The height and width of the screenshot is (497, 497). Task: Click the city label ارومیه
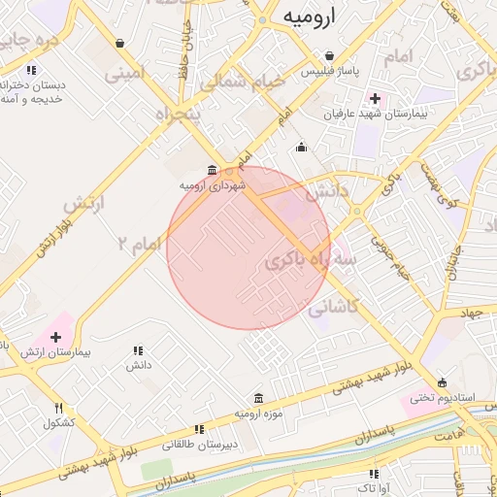[x=309, y=17]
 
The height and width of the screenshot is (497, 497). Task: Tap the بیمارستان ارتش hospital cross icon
[x=55, y=336]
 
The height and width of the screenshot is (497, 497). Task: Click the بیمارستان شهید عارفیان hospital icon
[x=375, y=98]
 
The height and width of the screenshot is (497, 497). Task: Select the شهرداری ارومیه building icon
[x=213, y=170]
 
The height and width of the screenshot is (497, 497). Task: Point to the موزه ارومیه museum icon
[x=257, y=398]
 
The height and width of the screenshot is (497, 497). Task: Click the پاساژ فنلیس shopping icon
[x=330, y=56]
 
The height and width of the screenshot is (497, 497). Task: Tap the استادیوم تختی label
[x=433, y=397]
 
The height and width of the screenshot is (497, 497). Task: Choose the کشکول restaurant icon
[x=58, y=408]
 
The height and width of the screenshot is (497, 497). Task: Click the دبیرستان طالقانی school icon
[x=198, y=428]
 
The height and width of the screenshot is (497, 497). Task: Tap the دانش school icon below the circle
[x=137, y=350]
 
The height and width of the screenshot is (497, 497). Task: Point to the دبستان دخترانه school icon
[x=31, y=70]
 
